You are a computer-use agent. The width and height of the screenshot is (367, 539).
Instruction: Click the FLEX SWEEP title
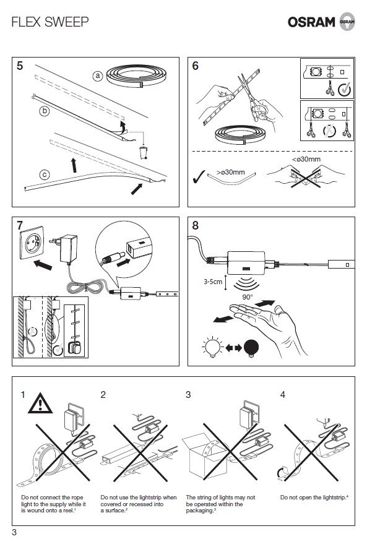(x=50, y=22)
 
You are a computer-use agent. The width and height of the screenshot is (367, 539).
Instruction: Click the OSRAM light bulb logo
(x=347, y=21)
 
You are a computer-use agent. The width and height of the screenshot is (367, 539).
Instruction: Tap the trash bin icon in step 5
(x=144, y=153)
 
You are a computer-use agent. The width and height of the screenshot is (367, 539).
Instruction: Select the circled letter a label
(x=98, y=75)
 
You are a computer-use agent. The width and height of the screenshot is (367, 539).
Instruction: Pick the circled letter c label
(x=45, y=175)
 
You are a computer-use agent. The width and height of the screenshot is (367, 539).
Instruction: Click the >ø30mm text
(x=231, y=172)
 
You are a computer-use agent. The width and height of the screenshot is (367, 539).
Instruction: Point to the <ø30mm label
(x=306, y=159)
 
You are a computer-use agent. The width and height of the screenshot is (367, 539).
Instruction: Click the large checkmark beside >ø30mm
(x=199, y=177)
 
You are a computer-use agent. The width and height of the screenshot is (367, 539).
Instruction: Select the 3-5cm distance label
(x=213, y=282)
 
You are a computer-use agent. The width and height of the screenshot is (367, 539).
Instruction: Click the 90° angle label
(x=248, y=297)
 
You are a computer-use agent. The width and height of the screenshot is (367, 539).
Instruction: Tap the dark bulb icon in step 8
(x=251, y=348)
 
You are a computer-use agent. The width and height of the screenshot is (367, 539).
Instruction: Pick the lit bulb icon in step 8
(x=212, y=347)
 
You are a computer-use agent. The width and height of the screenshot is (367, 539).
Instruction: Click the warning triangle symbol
(x=40, y=403)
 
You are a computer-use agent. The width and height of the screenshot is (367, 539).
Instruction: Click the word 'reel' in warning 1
(x=67, y=511)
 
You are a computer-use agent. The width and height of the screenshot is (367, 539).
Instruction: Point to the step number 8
(x=195, y=225)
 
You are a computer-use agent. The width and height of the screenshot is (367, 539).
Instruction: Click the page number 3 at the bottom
(x=14, y=532)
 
